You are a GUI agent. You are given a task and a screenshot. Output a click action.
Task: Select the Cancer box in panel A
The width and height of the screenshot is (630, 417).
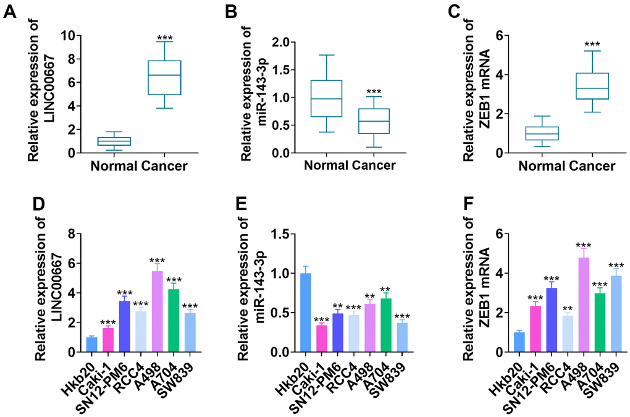click(x=164, y=77)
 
